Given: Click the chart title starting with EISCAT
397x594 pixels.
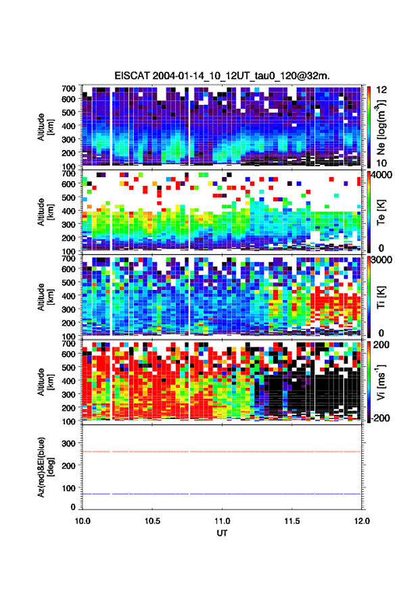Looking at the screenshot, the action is click(x=222, y=76).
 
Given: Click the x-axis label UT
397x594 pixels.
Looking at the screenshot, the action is click(x=222, y=533).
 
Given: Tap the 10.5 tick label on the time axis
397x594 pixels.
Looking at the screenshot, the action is click(x=152, y=521).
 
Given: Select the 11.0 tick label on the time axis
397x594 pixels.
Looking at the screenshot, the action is click(x=222, y=521).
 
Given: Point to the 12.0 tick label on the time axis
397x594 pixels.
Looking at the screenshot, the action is click(x=361, y=521).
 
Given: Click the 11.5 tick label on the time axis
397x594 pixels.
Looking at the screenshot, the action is click(x=291, y=521).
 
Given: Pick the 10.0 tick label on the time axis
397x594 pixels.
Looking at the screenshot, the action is click(x=83, y=521).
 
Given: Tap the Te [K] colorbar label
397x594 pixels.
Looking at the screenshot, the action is click(x=381, y=212).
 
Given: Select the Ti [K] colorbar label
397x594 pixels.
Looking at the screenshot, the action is click(x=381, y=297).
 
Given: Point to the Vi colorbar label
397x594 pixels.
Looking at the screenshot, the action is click(x=381, y=382).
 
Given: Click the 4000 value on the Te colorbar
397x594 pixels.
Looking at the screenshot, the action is click(x=381, y=176).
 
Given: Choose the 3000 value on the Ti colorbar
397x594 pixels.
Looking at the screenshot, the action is click(x=381, y=260).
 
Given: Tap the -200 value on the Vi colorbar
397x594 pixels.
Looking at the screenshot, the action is click(x=380, y=418).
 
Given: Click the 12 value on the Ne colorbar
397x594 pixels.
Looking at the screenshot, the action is click(x=381, y=90).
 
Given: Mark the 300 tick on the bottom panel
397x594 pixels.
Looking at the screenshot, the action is click(x=68, y=443).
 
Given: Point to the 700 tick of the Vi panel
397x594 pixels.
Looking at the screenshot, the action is click(x=68, y=344).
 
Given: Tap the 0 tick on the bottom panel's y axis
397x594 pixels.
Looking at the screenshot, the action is click(x=73, y=507).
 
